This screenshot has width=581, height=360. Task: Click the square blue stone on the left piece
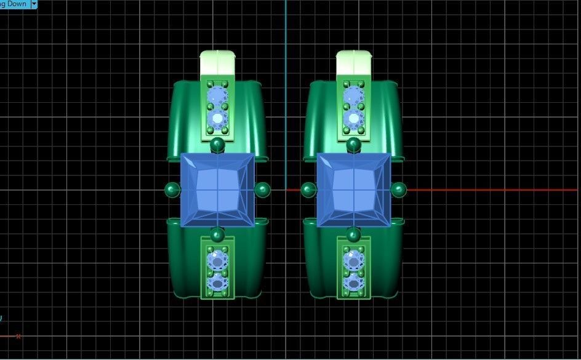(218, 190)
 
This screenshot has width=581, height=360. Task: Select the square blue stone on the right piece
(354, 190)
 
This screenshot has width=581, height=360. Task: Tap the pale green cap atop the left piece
(218, 63)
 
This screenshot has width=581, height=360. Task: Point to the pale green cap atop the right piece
(354, 63)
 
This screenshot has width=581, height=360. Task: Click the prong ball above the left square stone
(217, 145)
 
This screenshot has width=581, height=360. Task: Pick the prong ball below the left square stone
(217, 234)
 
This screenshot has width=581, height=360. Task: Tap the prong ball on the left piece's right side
(262, 190)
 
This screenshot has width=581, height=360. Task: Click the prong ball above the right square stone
(353, 145)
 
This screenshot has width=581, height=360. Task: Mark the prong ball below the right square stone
(353, 234)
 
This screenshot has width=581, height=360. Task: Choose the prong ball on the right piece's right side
(399, 190)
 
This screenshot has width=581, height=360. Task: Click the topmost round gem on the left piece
(217, 96)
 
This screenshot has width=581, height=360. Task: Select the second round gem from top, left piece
(217, 118)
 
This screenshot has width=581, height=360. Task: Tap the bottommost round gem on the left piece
(217, 283)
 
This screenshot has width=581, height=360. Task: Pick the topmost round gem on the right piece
(353, 96)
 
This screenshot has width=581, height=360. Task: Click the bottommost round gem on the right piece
(353, 283)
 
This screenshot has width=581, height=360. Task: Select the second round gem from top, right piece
(353, 118)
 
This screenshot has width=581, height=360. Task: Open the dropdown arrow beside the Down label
(33, 4)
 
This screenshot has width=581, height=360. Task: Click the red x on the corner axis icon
(18, 336)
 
